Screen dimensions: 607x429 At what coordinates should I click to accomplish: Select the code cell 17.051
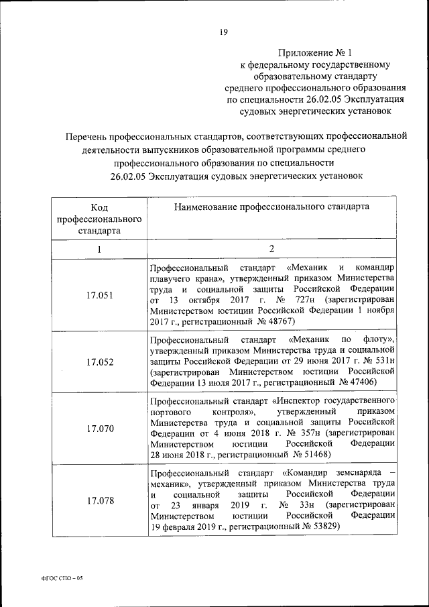click(x=100, y=294)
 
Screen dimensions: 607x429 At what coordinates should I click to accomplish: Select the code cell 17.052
click(x=100, y=362)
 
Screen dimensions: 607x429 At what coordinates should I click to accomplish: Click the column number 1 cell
click(x=99, y=250)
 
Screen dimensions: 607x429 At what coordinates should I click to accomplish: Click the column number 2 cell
click(x=272, y=250)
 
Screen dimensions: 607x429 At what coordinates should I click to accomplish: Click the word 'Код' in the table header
click(x=99, y=207)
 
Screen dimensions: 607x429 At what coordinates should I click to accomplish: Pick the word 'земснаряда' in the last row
click(x=359, y=472)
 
